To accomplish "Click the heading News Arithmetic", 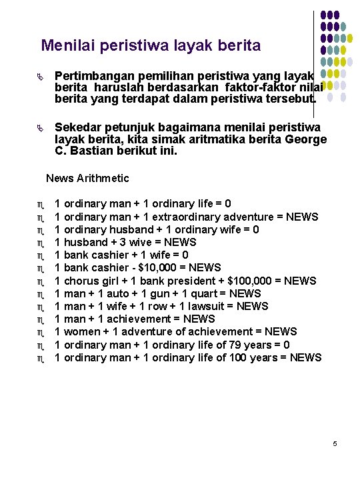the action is [x=87, y=179].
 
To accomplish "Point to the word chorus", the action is [x=81, y=281].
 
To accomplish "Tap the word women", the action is [x=80, y=332].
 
